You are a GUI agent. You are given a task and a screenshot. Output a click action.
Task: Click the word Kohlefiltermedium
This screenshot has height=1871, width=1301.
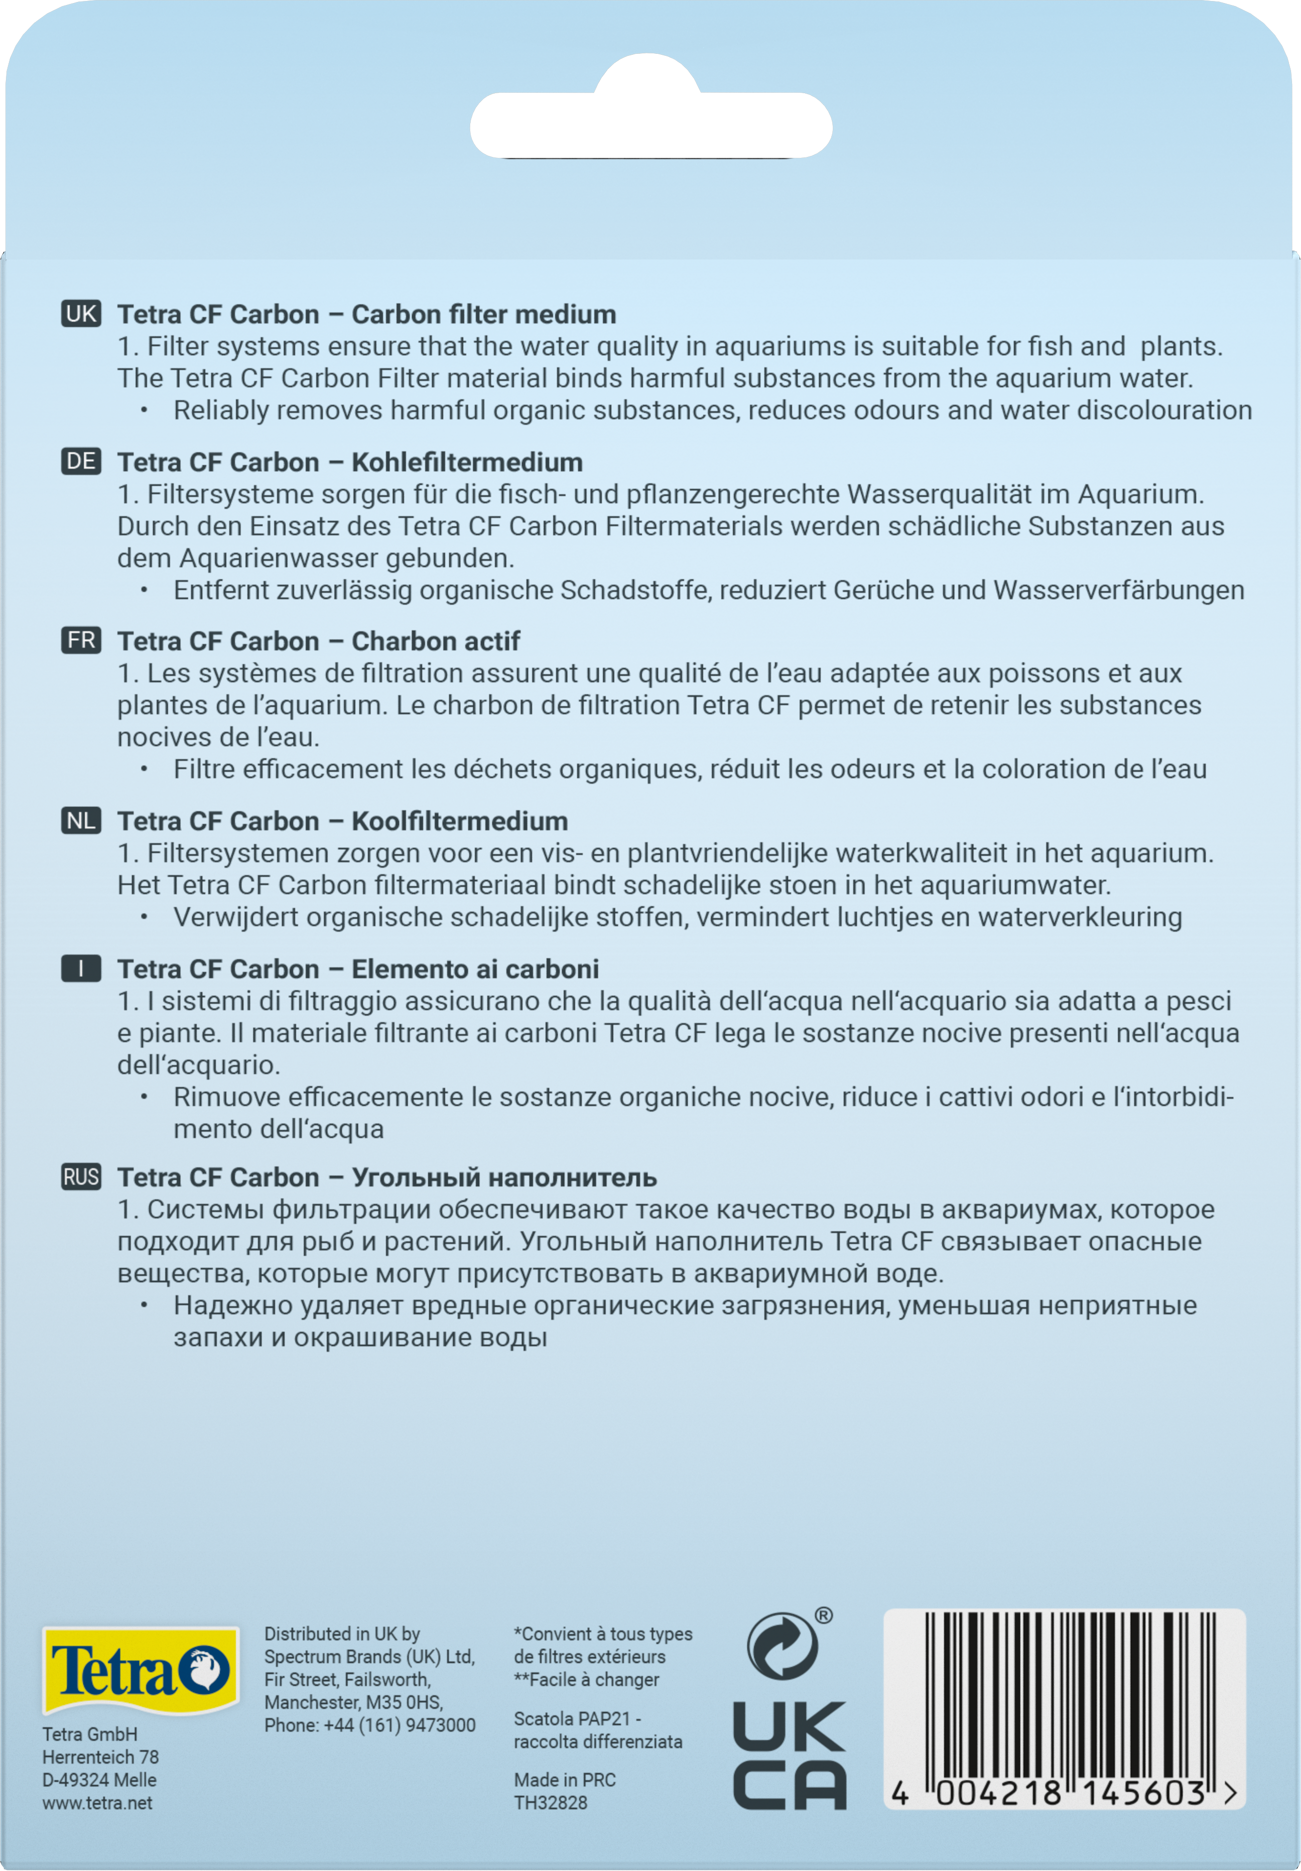pyautogui.click(x=467, y=462)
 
